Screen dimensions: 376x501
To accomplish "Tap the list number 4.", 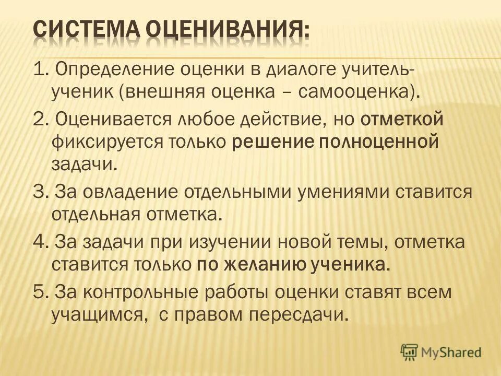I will click(x=38, y=242).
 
